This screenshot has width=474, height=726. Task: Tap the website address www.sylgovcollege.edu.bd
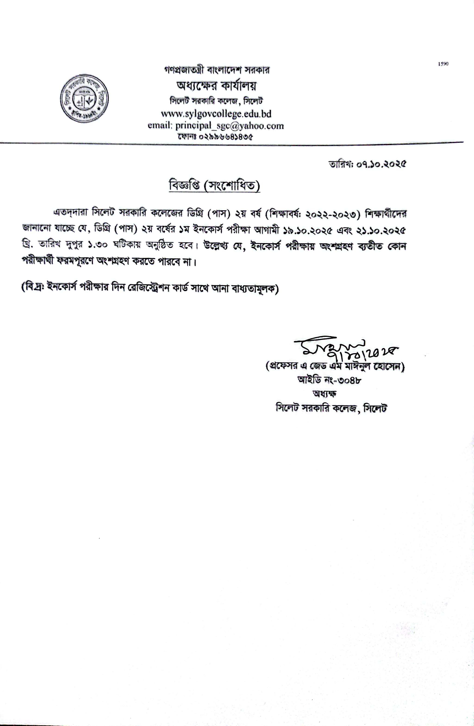click(216, 114)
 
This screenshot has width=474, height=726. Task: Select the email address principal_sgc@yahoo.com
click(230, 126)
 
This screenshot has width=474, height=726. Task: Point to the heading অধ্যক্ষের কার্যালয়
click(216, 86)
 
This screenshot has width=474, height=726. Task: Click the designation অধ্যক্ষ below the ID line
click(325, 394)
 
